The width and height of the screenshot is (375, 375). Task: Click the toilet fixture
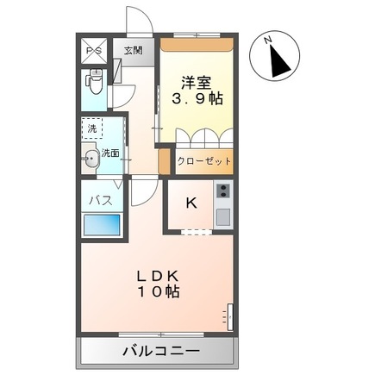[x=94, y=81]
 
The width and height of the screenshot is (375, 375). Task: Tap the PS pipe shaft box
[x=94, y=51]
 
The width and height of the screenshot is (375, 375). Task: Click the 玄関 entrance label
[x=134, y=51]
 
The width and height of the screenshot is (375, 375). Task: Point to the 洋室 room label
[x=196, y=83]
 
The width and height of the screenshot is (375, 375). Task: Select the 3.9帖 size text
[x=197, y=99]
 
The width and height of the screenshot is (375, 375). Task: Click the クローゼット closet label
[x=204, y=161]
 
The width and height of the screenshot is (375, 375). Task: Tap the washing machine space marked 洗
[x=92, y=128]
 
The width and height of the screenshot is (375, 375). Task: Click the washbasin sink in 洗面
[x=91, y=159]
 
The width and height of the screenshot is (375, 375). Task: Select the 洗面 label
[x=110, y=153]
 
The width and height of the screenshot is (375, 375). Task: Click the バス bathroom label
[x=100, y=200]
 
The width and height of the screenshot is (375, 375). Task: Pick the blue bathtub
[x=102, y=225]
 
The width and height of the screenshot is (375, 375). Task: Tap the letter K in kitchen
[x=191, y=203]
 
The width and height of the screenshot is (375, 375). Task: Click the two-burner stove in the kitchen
[x=223, y=191]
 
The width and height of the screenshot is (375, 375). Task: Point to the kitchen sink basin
[x=223, y=217]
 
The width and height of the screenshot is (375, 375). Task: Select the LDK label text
[x=158, y=277]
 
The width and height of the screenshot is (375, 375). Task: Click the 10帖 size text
[x=159, y=291]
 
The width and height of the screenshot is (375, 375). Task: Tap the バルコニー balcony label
[x=161, y=351]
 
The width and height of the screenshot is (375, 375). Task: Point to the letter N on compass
[x=269, y=41]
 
